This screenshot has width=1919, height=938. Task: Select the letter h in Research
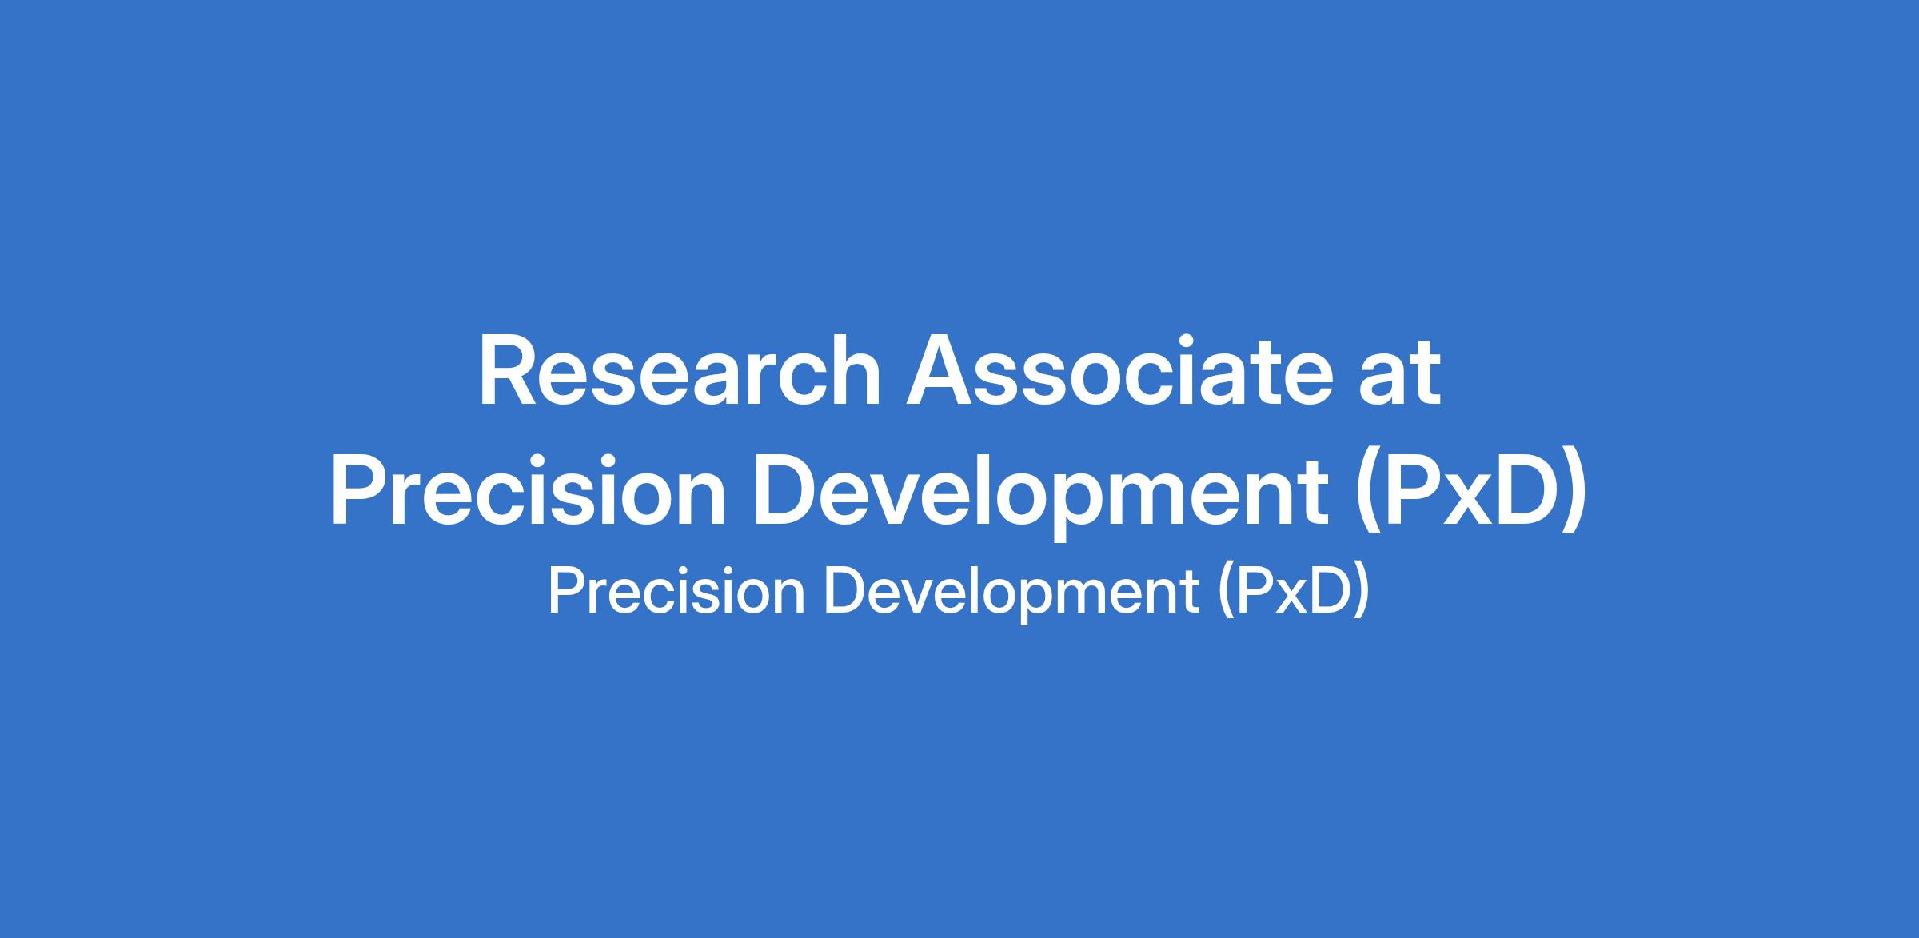pyautogui.click(x=854, y=371)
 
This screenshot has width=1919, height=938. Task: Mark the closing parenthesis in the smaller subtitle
pyautogui.click(x=1361, y=596)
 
